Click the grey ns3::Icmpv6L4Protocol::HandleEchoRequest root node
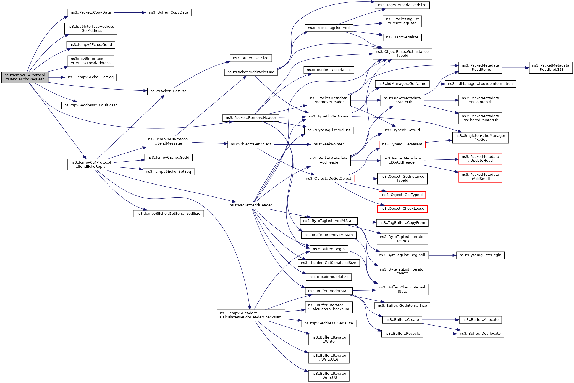click(x=25, y=77)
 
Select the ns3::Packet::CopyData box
click(x=91, y=12)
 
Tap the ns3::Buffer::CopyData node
click(x=168, y=12)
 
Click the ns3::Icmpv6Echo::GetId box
click(x=91, y=45)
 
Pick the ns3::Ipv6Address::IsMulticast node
click(x=91, y=105)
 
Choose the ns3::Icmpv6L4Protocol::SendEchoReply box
click(x=91, y=164)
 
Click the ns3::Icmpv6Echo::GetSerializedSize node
click(x=168, y=214)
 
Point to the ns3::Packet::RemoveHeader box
click(x=251, y=118)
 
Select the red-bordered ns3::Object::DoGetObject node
click(x=328, y=179)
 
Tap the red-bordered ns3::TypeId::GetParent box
click(x=402, y=144)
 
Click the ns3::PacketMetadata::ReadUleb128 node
click(x=551, y=67)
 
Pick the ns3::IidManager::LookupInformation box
click(x=480, y=84)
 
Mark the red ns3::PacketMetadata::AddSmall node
click(x=480, y=177)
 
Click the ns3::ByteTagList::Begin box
click(x=480, y=255)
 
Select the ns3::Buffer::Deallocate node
click(x=480, y=334)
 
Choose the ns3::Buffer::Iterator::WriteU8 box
click(x=329, y=376)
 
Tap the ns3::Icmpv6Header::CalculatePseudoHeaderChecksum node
click(x=251, y=315)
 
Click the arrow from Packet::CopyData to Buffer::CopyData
click(x=130, y=12)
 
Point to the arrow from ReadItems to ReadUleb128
click(x=515, y=68)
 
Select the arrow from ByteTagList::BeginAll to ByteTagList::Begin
click(x=442, y=255)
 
